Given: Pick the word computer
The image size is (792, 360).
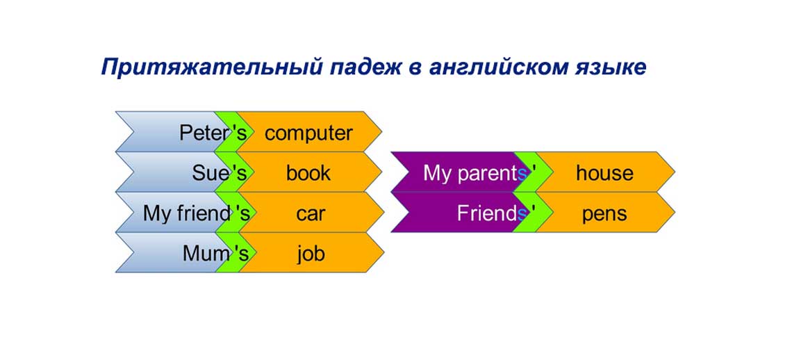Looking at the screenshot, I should click(x=308, y=133).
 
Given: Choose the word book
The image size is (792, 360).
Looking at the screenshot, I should click(x=308, y=173).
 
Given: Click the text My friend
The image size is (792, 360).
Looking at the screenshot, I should click(x=187, y=213).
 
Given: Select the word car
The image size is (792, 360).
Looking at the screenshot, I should click(x=310, y=213).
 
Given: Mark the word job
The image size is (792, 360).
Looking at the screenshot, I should click(x=310, y=254).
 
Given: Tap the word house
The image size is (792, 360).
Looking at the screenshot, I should click(x=604, y=173).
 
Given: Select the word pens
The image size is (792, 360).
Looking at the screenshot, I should click(x=604, y=213).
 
